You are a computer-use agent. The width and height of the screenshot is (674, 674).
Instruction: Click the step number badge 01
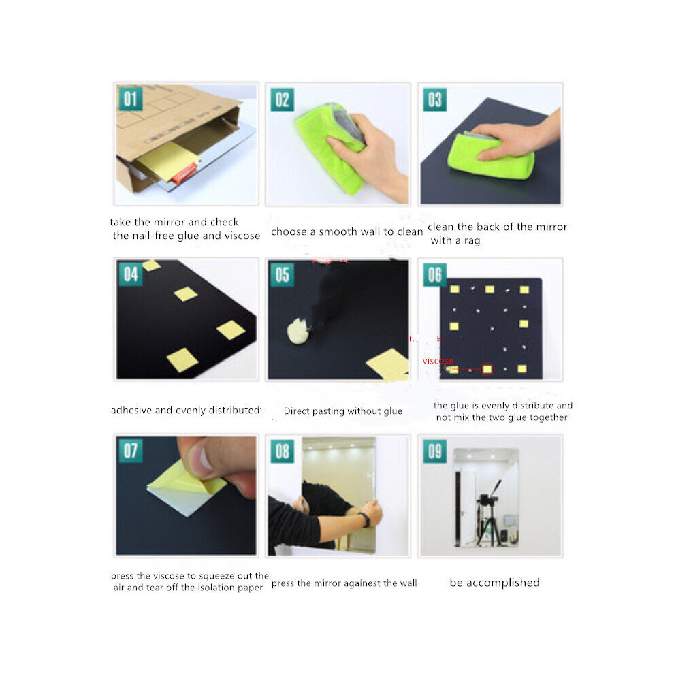tap(131, 99)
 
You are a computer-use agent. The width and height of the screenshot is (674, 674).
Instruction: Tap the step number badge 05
tap(283, 274)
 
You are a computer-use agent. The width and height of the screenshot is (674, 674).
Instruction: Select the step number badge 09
tap(434, 451)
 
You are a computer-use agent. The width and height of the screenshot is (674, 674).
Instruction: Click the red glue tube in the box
tap(184, 174)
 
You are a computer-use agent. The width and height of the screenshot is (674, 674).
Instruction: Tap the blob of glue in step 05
tap(298, 331)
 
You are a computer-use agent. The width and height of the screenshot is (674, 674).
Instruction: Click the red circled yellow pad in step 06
tap(487, 369)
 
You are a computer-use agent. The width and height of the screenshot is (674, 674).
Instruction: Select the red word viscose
tap(438, 361)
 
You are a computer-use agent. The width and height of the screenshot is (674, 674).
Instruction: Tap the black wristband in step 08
tap(365, 519)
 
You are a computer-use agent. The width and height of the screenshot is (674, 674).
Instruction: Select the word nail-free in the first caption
tap(152, 236)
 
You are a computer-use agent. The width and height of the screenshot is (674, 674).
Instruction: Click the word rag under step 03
tap(472, 241)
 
